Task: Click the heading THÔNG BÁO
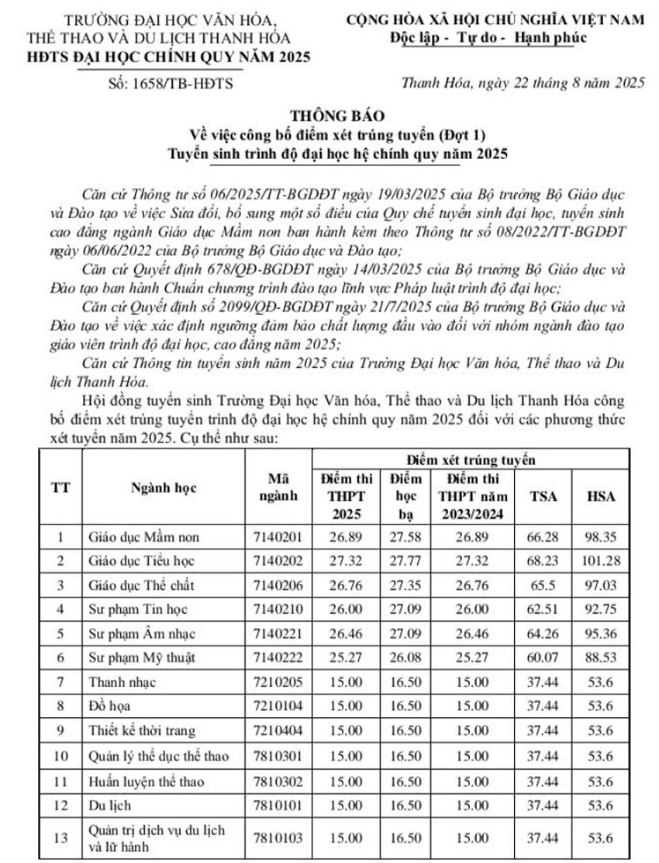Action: (x=329, y=116)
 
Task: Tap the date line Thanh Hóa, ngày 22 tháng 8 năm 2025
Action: (x=523, y=85)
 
